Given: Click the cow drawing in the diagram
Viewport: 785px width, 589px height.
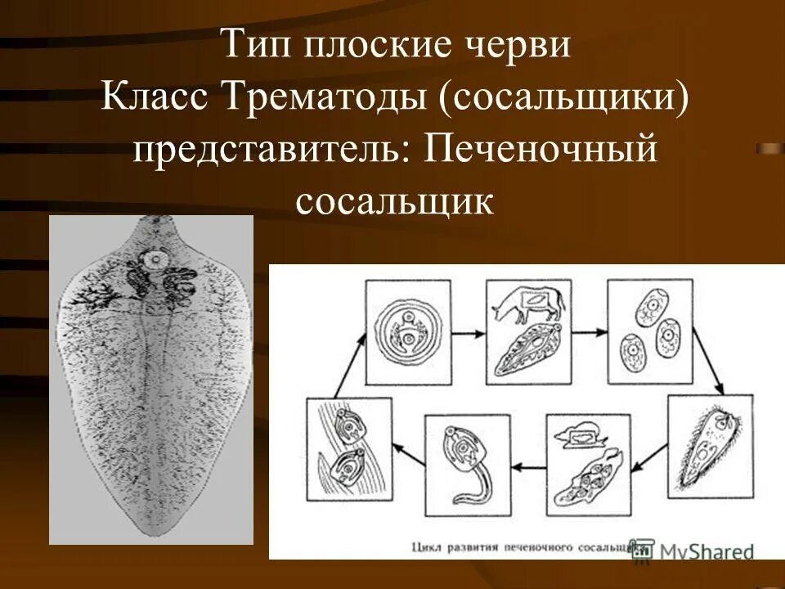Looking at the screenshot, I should [527, 306].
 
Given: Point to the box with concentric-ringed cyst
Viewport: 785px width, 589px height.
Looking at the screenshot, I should [407, 332].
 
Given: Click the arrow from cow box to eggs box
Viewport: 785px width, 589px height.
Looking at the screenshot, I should [588, 333].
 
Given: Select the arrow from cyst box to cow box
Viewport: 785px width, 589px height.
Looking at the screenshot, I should [468, 333].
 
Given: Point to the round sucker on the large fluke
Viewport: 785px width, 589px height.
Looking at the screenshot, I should [153, 261].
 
